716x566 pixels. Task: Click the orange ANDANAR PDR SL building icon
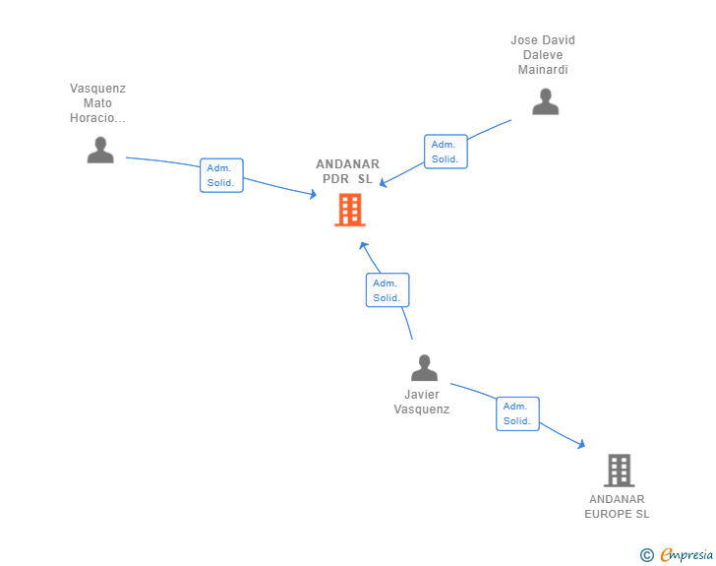(x=350, y=210)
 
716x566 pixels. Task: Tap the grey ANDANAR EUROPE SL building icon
(x=620, y=470)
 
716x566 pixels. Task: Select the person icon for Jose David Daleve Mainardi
(x=545, y=101)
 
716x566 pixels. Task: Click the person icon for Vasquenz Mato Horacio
(x=100, y=150)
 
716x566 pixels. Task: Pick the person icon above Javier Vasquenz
(x=424, y=367)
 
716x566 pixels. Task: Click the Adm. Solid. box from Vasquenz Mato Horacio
(x=221, y=175)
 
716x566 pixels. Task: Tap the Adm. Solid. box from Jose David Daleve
(x=446, y=152)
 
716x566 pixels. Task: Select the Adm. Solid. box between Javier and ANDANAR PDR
(x=388, y=289)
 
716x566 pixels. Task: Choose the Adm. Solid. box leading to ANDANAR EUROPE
(x=517, y=413)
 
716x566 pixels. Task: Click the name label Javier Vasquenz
(x=422, y=402)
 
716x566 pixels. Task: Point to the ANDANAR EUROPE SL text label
(x=617, y=507)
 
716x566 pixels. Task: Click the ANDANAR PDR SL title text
(x=347, y=171)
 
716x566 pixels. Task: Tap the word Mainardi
(x=543, y=70)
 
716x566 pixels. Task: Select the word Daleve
(x=543, y=55)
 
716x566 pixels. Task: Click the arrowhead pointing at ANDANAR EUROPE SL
(x=581, y=444)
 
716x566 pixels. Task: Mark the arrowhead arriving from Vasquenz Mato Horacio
(x=313, y=194)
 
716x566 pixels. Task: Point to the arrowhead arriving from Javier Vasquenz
(x=363, y=246)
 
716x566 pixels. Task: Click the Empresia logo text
(x=686, y=555)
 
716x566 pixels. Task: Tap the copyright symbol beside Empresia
(x=647, y=555)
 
